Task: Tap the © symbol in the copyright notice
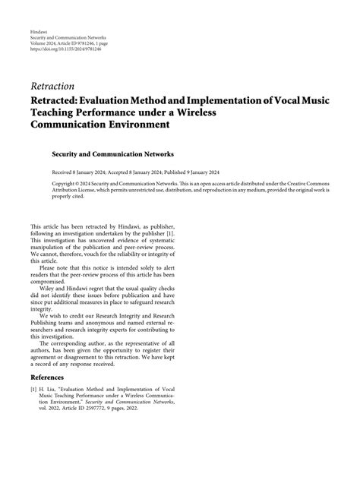(x=80, y=184)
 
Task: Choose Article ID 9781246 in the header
(x=88, y=43)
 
